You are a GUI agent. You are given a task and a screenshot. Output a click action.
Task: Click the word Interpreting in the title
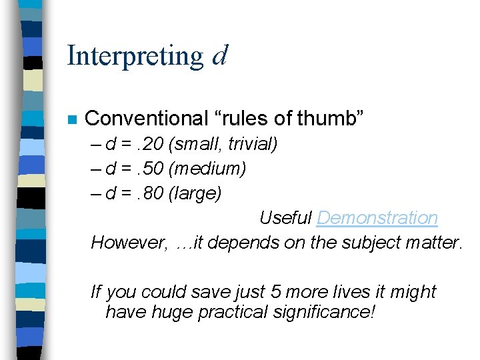(x=135, y=56)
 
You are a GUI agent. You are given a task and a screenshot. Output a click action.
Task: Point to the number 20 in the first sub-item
(x=159, y=144)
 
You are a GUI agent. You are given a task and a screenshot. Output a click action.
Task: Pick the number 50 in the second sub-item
(x=159, y=169)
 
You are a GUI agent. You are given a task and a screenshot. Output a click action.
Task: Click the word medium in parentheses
(x=213, y=169)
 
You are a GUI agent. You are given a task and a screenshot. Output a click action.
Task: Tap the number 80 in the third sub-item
(x=159, y=194)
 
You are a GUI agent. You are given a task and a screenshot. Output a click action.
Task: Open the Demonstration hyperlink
(x=377, y=218)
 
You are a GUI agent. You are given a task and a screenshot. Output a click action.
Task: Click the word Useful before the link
(x=285, y=218)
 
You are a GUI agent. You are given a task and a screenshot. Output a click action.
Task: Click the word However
(x=129, y=243)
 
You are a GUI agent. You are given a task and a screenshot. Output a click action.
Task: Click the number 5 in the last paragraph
(x=275, y=292)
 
